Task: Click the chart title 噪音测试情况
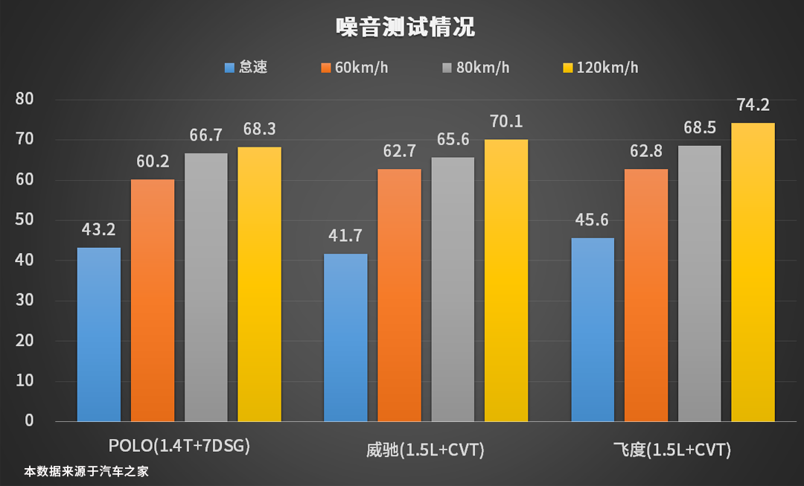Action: point(405,28)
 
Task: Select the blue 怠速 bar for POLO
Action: point(99,334)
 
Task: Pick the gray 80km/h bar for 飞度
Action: point(699,283)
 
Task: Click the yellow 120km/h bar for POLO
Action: point(260,284)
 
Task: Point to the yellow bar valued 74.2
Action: point(753,272)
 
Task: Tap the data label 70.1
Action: point(506,121)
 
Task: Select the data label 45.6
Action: point(592,220)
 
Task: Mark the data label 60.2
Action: point(153,161)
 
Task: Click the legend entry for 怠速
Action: point(246,68)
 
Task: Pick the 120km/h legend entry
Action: point(600,68)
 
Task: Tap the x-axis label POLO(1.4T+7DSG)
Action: point(179,447)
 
